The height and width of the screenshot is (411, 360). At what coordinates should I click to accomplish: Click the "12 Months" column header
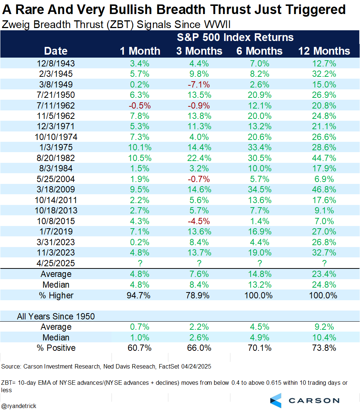pos(324,51)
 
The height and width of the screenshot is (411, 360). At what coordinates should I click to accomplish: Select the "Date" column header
pos(56,51)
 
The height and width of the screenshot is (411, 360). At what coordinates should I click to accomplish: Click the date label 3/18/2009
pos(56,190)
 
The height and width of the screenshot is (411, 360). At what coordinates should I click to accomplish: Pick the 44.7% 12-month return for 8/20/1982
pos(324,158)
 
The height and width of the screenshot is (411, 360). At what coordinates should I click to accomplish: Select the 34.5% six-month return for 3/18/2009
pos(259,190)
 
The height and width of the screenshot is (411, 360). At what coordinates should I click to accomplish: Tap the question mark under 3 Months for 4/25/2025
pos(199,263)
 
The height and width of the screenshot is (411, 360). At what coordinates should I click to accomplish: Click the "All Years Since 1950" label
pos(56,316)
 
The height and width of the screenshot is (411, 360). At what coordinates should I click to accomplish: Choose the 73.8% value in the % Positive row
pos(324,348)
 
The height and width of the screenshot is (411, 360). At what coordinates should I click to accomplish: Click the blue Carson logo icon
pos(276,400)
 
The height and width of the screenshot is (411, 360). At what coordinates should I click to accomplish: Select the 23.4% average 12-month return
pos(324,274)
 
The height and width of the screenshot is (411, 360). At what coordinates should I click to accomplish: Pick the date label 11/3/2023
pos(56,253)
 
